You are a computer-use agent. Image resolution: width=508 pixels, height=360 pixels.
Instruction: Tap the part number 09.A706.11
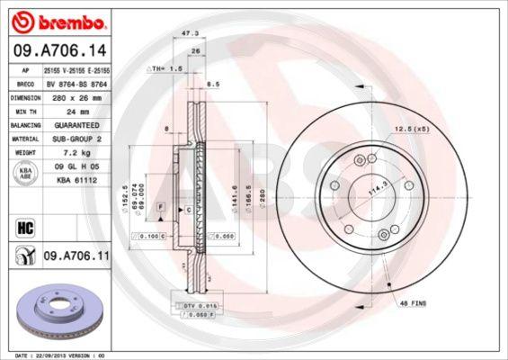tap(76, 256)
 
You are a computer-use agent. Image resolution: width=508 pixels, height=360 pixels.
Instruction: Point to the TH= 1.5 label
tap(165, 67)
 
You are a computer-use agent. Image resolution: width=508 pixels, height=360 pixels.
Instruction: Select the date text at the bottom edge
tap(54, 355)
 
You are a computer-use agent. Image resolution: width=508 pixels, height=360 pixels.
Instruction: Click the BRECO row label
tap(26, 82)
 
